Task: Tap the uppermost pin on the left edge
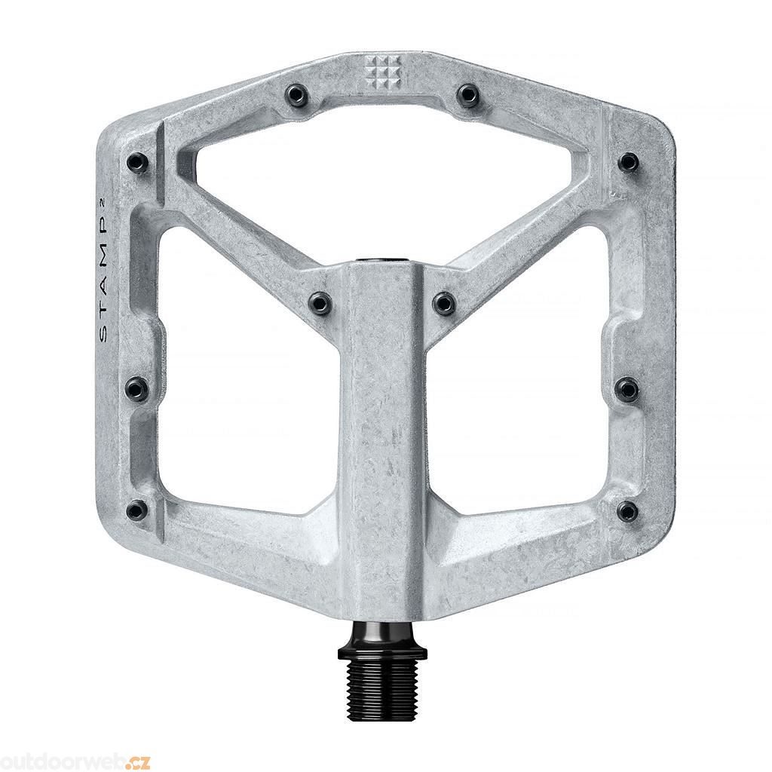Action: click(136, 161)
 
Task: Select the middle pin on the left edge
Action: click(136, 388)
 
